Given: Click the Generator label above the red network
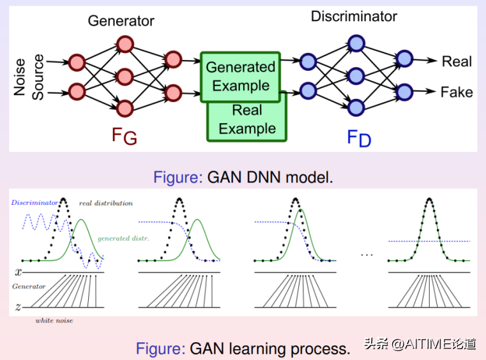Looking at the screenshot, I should click(121, 20).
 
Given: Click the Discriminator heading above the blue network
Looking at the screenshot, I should click(354, 17).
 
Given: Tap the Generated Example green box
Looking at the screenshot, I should click(241, 76).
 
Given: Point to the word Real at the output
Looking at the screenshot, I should click(457, 61).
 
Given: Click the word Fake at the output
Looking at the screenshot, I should click(457, 92).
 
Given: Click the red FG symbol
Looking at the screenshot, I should click(124, 136).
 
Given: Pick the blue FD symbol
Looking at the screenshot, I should click(358, 137).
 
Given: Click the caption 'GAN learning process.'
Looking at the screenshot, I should click(243, 349).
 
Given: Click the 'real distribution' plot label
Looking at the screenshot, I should click(106, 203).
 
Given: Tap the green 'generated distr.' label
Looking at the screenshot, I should click(123, 238).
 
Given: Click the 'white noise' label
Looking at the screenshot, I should click(54, 320).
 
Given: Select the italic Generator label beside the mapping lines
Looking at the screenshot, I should click(29, 287).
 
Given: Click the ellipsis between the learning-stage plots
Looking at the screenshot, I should click(367, 255).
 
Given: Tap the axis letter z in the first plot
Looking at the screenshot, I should click(18, 307).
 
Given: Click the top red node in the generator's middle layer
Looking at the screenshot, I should click(125, 45).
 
